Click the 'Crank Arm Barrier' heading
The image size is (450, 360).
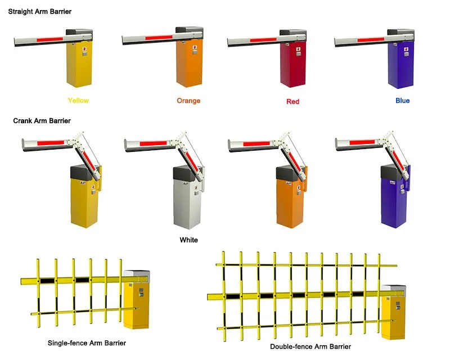42,120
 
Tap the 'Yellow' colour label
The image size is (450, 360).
78,101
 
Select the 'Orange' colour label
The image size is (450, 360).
188,101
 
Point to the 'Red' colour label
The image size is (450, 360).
292,102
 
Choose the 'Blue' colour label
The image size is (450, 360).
402,101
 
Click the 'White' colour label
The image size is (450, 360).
188,240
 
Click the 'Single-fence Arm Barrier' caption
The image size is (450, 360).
87,343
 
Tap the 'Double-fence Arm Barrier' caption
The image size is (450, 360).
310,346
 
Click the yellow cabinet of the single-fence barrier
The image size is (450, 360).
135,307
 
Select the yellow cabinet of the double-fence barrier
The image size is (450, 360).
393,318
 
